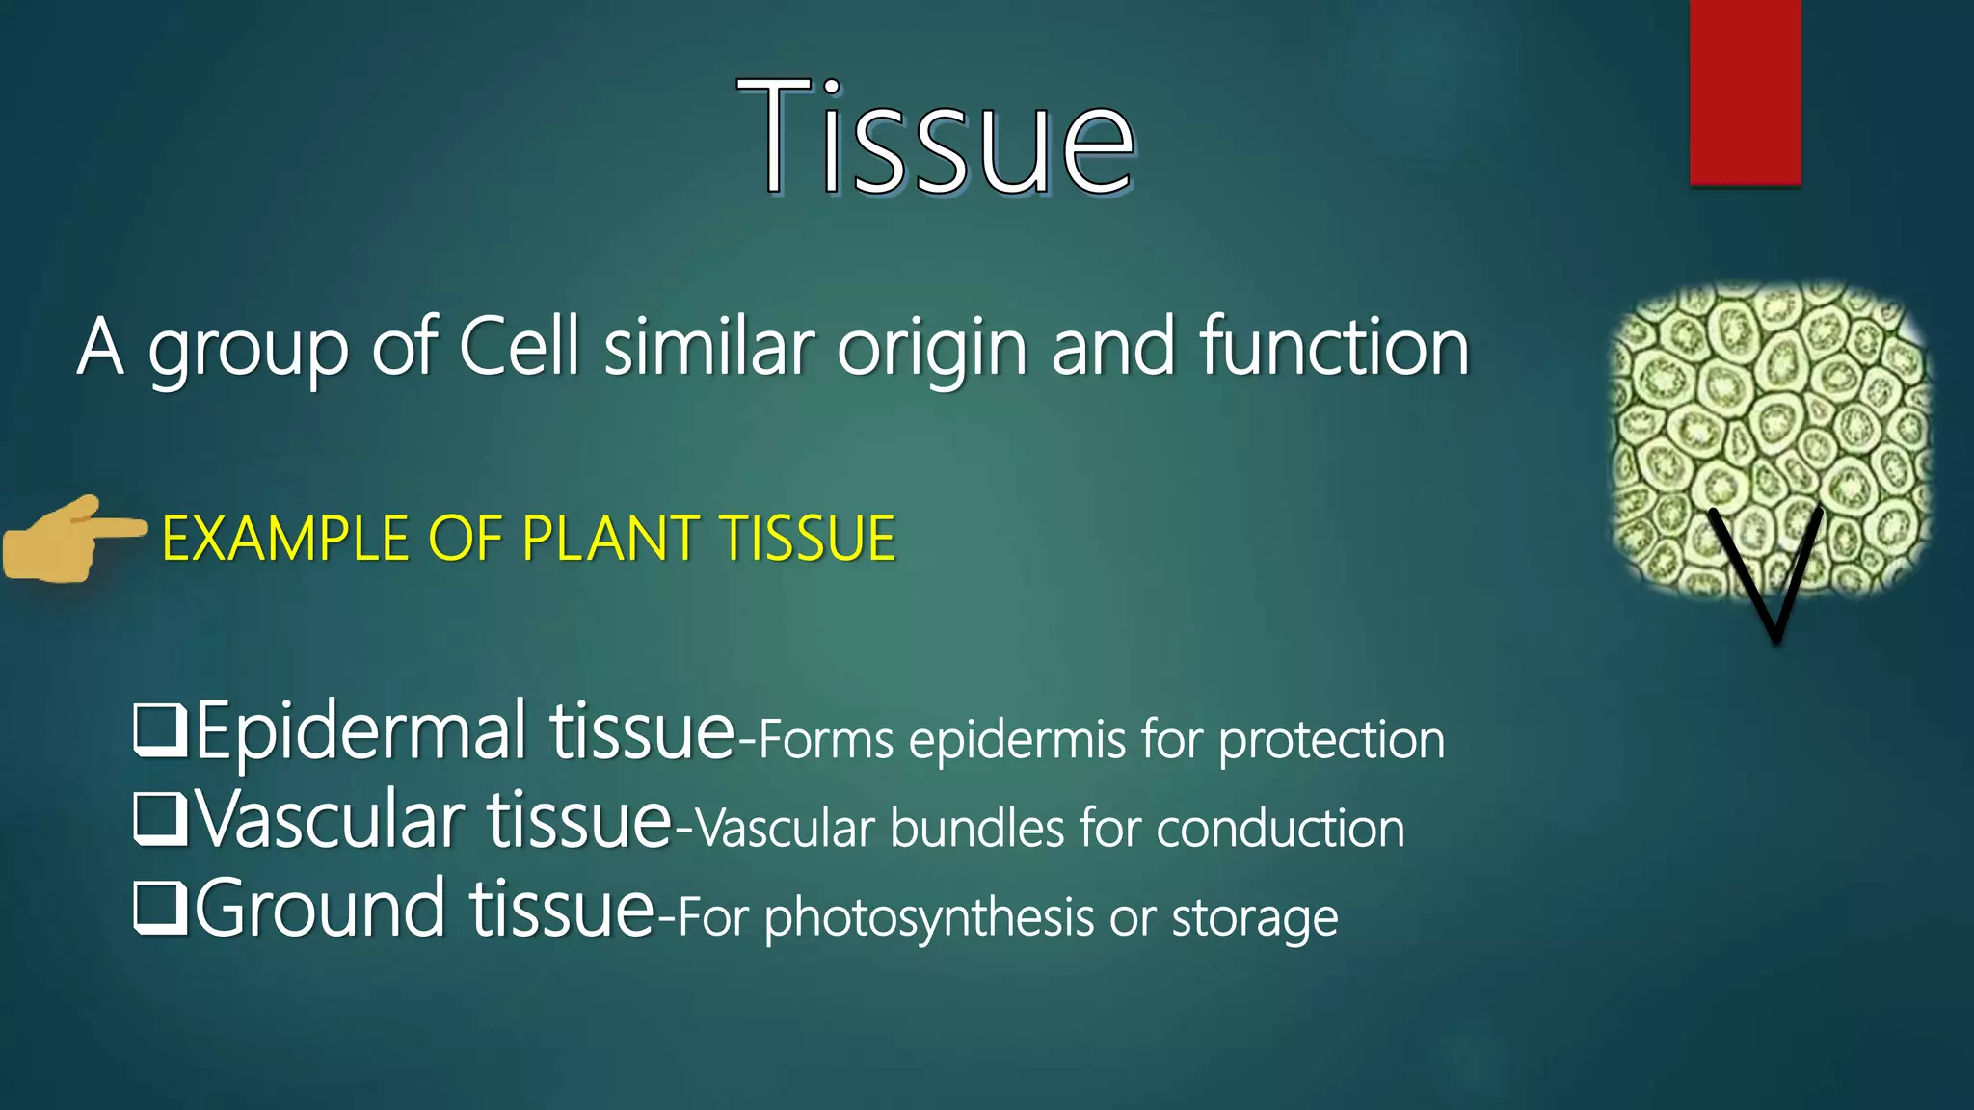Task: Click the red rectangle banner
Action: pyautogui.click(x=1745, y=92)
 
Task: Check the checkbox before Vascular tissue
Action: pyautogui.click(x=159, y=820)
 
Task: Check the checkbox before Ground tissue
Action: pyautogui.click(x=159, y=909)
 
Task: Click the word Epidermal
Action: pyautogui.click(x=361, y=732)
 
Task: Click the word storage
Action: pyautogui.click(x=1254, y=918)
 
